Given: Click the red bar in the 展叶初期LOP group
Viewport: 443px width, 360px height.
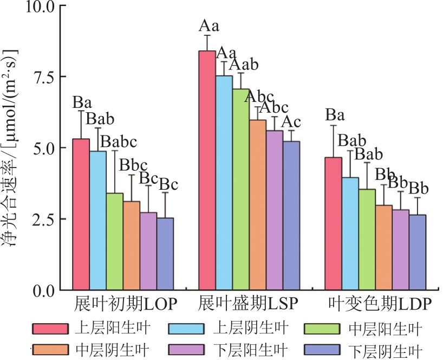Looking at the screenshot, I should [81, 214].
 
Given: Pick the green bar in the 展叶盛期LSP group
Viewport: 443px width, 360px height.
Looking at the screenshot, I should [241, 189].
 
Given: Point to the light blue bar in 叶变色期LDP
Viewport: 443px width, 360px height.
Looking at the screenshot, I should [350, 233].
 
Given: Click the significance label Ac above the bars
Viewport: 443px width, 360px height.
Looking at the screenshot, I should [290, 123].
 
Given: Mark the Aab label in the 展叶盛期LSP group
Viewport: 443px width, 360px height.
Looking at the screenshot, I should [243, 65].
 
